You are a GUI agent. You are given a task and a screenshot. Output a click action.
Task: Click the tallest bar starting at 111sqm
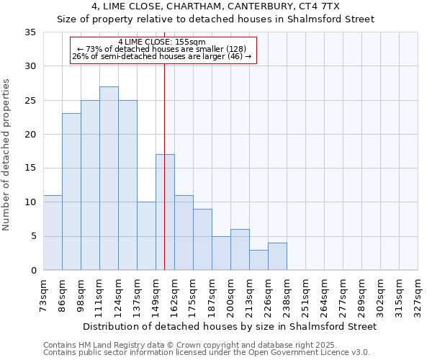(109, 179)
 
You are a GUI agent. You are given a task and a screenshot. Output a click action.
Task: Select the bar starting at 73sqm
(53, 233)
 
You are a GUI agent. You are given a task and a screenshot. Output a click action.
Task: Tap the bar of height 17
(165, 212)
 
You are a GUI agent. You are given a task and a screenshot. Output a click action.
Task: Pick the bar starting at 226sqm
(277, 256)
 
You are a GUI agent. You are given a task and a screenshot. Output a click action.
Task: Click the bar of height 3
(258, 260)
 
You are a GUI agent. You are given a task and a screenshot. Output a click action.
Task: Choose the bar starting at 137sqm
(146, 236)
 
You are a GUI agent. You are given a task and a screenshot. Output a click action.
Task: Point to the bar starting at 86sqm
(71, 192)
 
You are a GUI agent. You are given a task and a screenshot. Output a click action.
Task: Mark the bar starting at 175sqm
(202, 240)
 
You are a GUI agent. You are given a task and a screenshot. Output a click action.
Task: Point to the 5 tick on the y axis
(33, 236)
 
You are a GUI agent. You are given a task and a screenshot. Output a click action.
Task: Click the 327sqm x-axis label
(418, 295)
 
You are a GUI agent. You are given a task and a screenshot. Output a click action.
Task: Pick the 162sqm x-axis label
(175, 295)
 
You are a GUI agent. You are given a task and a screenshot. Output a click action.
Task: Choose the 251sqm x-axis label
(306, 295)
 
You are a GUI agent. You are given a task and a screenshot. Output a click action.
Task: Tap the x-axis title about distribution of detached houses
(230, 326)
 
